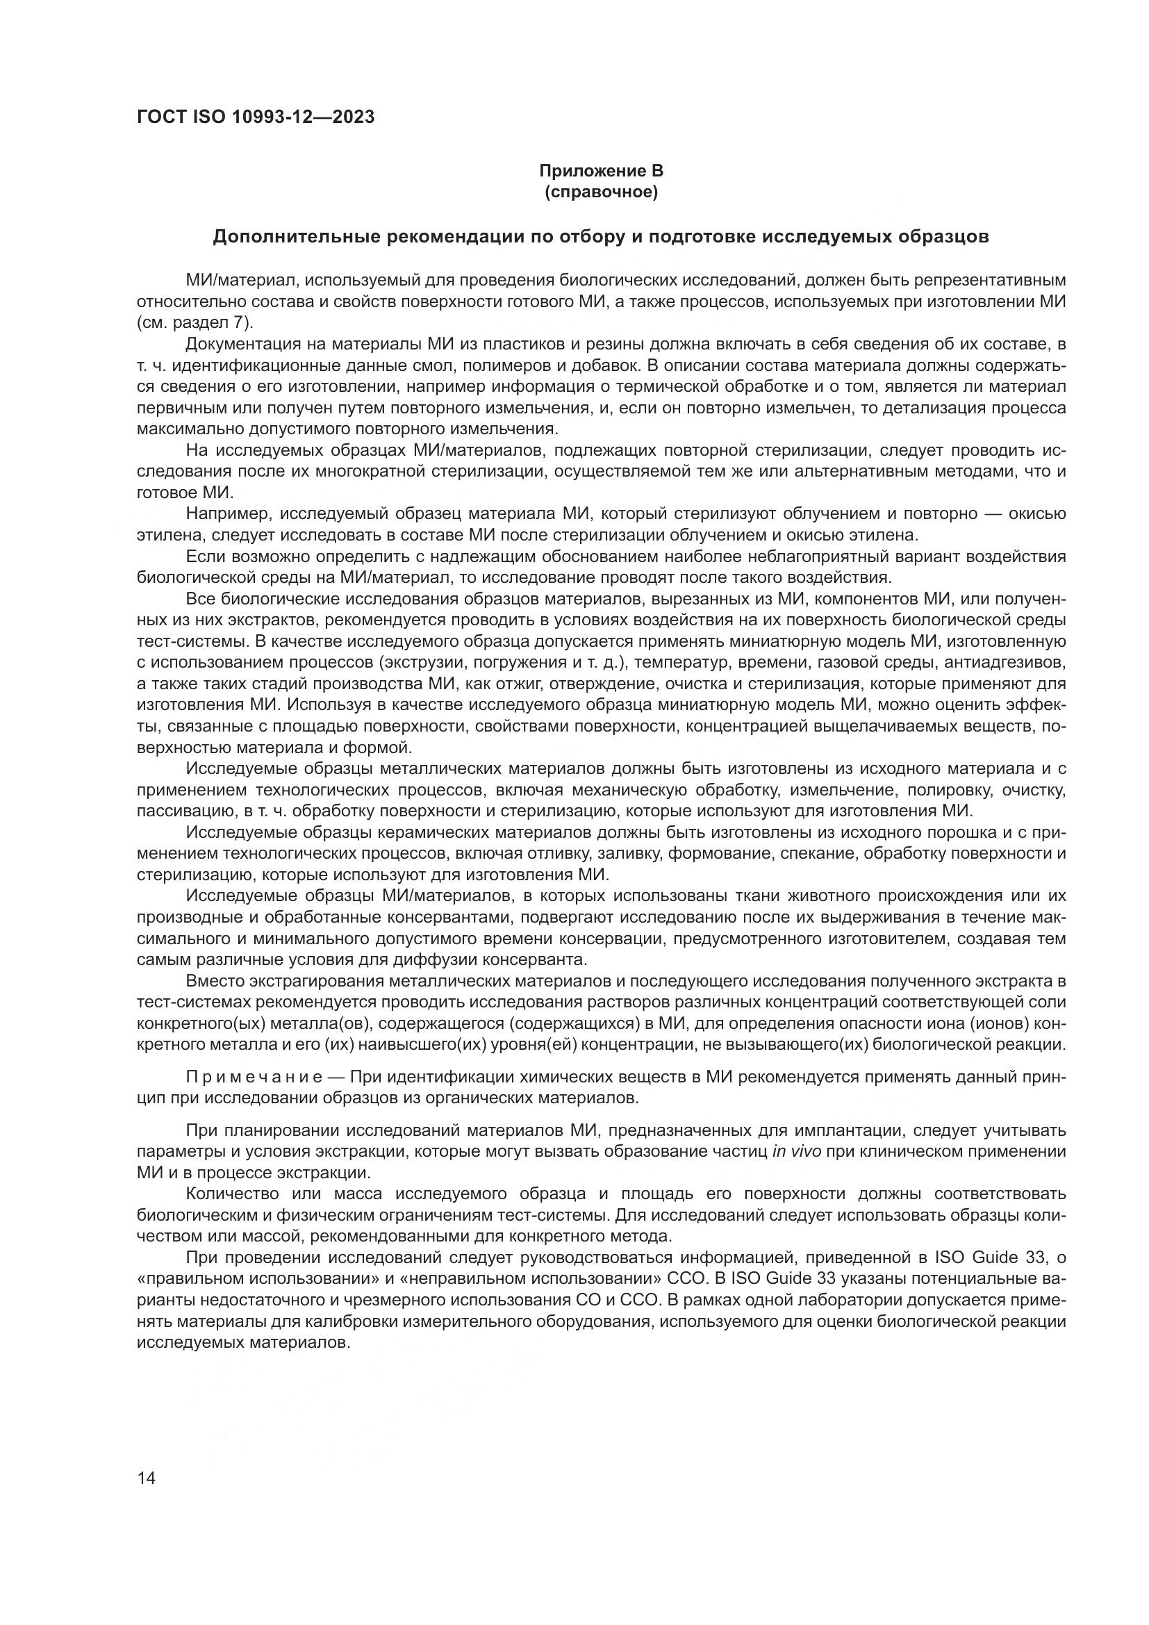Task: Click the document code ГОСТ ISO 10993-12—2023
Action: click(256, 117)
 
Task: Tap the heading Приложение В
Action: click(602, 172)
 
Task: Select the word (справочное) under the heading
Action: click(602, 192)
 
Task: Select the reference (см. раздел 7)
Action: click(194, 323)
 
